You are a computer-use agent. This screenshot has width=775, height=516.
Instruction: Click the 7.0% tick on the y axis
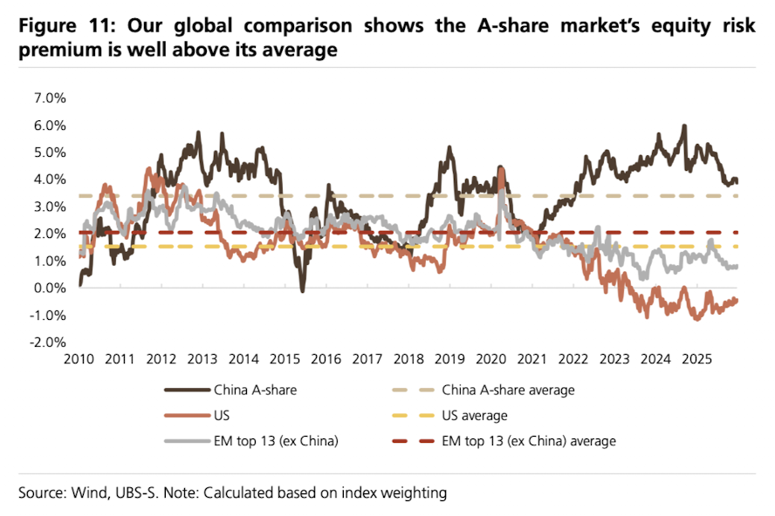49,98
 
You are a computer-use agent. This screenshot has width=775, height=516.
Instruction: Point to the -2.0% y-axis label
47,342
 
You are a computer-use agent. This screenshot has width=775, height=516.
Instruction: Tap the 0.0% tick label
49,288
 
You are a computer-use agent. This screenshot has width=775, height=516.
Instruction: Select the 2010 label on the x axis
79,359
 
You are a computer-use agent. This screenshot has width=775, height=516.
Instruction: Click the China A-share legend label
255,390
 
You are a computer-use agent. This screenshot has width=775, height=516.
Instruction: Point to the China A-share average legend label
509,390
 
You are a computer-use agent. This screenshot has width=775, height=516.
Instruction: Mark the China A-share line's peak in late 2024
684,126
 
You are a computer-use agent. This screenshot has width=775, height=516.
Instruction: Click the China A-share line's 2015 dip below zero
302,290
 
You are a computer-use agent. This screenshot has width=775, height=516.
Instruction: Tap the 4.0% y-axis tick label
49,179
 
